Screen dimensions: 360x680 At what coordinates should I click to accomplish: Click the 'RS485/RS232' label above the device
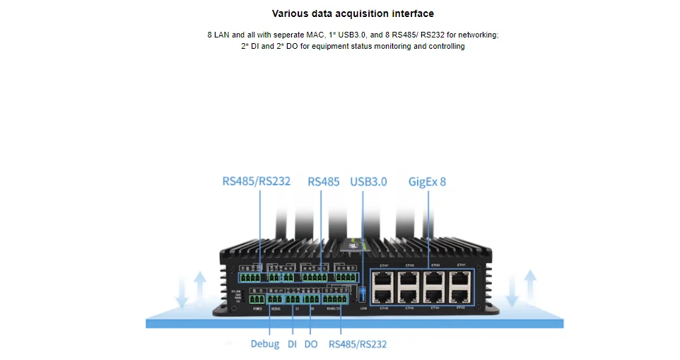click(x=256, y=181)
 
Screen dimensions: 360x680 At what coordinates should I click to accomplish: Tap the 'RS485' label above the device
click(x=324, y=181)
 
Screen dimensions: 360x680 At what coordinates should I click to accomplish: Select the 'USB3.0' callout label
click(x=368, y=181)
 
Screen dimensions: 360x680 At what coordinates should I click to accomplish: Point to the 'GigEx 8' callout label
click(x=427, y=181)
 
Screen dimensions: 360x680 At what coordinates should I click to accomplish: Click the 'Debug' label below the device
click(x=264, y=344)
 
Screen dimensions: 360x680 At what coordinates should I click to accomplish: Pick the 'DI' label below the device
click(x=292, y=344)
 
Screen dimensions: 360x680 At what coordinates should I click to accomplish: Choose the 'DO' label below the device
click(x=310, y=344)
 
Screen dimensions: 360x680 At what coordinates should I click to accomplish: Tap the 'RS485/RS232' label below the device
click(x=358, y=344)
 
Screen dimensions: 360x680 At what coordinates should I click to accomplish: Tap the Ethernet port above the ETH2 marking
click(x=461, y=296)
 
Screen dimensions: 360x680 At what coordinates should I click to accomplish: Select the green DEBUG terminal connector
click(x=276, y=299)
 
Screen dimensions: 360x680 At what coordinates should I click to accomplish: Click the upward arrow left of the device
click(x=200, y=290)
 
